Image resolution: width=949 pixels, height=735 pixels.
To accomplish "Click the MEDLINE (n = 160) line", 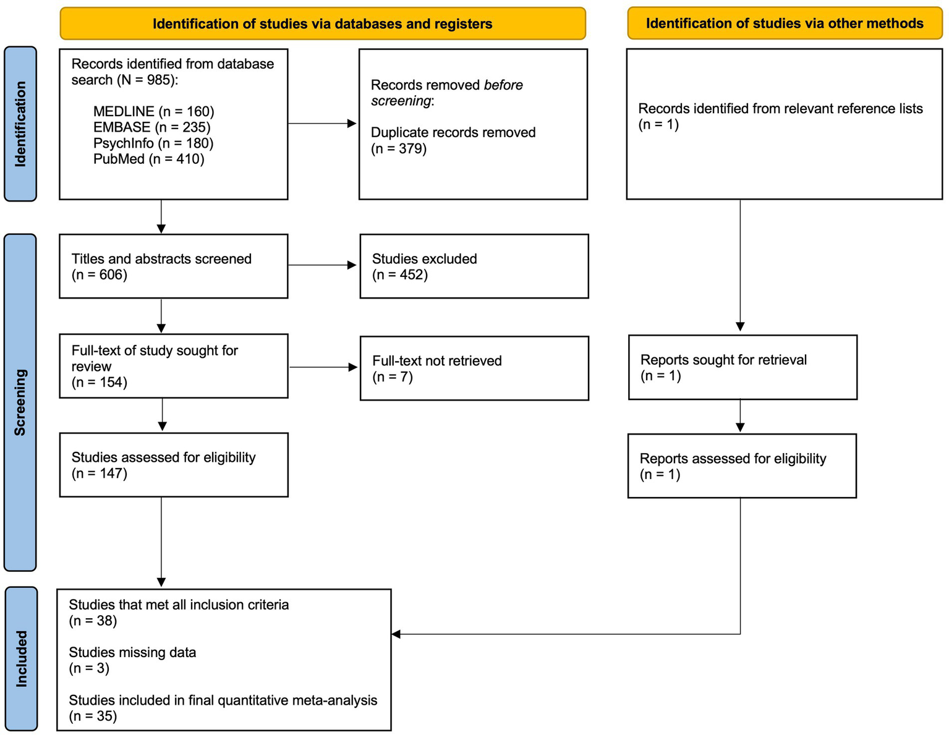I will pyautogui.click(x=153, y=111).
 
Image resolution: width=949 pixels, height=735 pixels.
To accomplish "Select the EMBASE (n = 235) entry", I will pyautogui.click(x=151, y=127).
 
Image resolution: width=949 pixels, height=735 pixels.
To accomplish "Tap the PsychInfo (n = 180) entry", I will pyautogui.click(x=153, y=143).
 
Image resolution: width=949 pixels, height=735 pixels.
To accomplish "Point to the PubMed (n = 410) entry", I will pyautogui.click(x=148, y=159).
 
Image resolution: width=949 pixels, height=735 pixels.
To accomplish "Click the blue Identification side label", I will pyautogui.click(x=20, y=124).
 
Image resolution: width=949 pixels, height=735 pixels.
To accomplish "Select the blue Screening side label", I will pyautogui.click(x=20, y=402).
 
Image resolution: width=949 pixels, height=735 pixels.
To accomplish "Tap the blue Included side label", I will pyautogui.click(x=21, y=658).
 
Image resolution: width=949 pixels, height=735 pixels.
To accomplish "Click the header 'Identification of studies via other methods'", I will pyautogui.click(x=784, y=23).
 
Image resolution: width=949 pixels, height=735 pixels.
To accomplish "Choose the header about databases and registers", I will pyautogui.click(x=322, y=24).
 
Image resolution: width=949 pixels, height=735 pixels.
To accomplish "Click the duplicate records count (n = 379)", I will pyautogui.click(x=399, y=148).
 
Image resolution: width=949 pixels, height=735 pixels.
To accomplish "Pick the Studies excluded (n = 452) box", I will pyautogui.click(x=474, y=266).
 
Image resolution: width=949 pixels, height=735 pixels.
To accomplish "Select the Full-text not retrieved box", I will pyautogui.click(x=474, y=368).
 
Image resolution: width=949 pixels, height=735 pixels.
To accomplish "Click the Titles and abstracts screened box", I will pyautogui.click(x=173, y=266).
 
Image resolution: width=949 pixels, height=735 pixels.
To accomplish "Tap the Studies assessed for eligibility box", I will pyautogui.click(x=173, y=465).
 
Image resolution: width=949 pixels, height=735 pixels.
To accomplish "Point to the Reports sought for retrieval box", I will pyautogui.click(x=742, y=367).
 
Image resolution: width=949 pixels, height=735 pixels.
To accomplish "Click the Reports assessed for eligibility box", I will pyautogui.click(x=741, y=466).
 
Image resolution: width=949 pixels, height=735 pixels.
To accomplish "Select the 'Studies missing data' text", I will pyautogui.click(x=132, y=652).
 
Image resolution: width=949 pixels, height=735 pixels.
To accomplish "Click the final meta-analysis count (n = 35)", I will pyautogui.click(x=93, y=716).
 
